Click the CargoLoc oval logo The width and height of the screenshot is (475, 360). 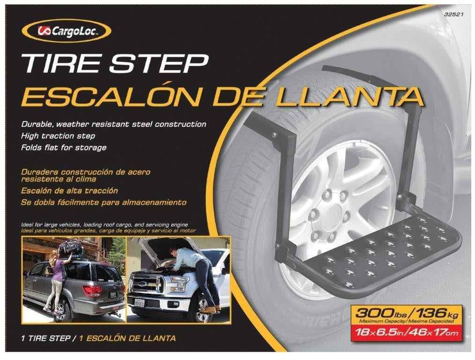click(x=67, y=31)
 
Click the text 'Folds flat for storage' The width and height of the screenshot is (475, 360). click(x=64, y=148)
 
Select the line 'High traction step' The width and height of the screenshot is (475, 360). click(x=59, y=136)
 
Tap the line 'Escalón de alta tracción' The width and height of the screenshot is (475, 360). click(x=69, y=191)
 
